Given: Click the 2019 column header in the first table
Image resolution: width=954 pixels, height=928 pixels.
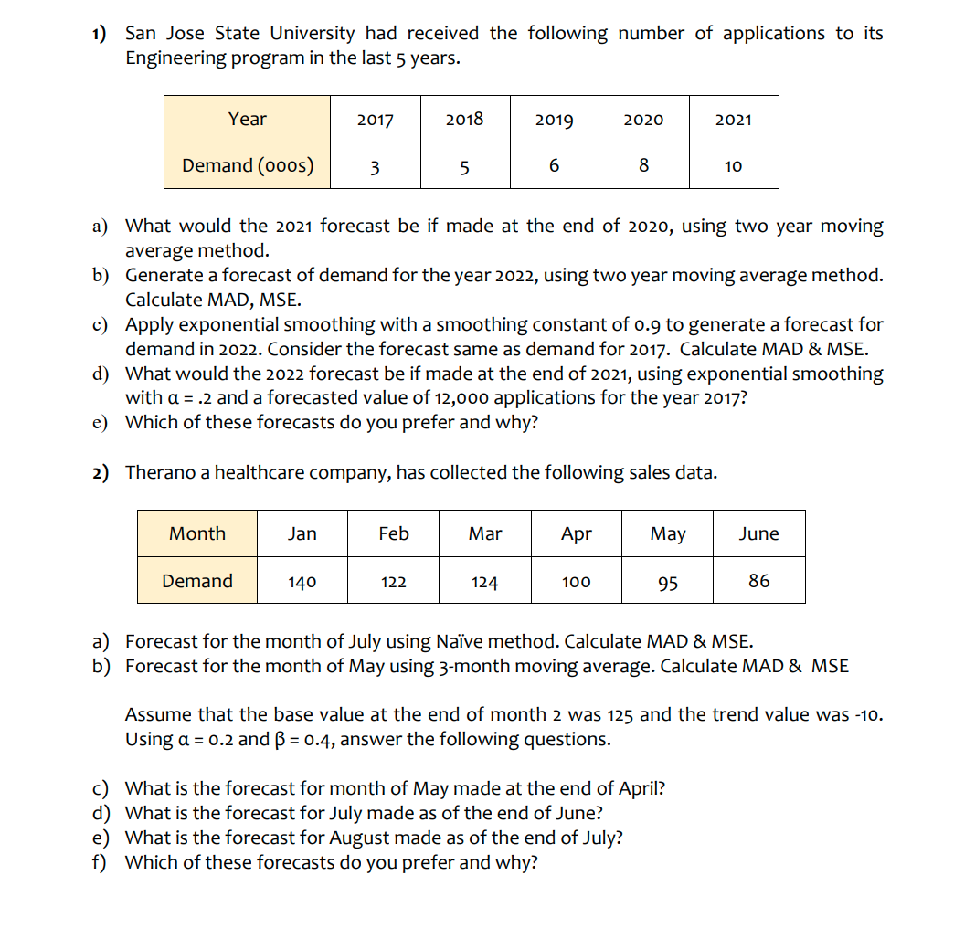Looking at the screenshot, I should click(554, 120).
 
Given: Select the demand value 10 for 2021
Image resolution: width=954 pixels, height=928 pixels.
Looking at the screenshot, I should click(733, 166).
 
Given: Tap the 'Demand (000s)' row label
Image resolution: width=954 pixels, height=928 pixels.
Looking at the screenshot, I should click(248, 165).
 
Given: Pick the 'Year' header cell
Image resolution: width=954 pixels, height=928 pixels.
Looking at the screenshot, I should click(248, 119).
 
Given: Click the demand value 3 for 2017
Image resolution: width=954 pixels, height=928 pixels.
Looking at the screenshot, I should click(375, 166).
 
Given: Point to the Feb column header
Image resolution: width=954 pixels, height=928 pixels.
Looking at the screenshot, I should click(394, 533).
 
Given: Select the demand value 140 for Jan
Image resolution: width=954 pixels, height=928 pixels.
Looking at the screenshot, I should click(302, 581).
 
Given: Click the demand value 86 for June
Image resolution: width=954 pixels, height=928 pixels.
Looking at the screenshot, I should click(758, 580).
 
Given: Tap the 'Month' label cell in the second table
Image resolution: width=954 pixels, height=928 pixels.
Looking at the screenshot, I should click(197, 533).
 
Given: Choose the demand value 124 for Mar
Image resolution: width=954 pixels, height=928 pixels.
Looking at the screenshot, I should click(484, 581).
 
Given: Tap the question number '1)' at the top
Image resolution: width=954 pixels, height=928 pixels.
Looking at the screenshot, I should click(100, 34).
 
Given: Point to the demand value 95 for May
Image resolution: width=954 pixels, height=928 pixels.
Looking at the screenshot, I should click(668, 582).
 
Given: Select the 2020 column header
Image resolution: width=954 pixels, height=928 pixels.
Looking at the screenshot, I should click(643, 120).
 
